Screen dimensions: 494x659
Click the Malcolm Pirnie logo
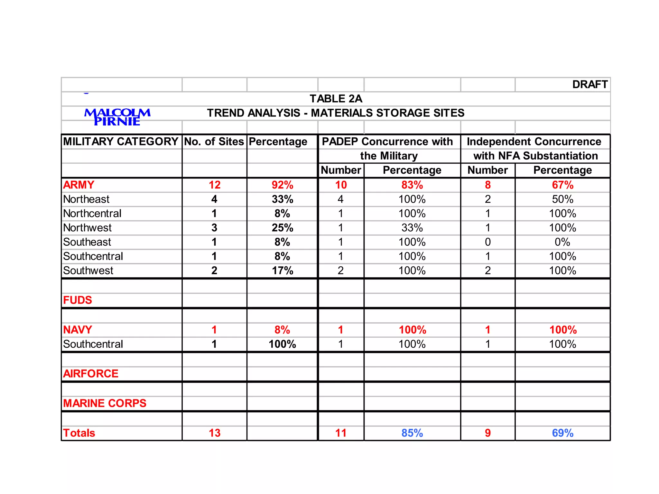(117, 117)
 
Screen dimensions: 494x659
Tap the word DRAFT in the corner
(590, 85)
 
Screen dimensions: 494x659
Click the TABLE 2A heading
(336, 99)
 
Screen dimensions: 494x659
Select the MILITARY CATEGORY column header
(121, 142)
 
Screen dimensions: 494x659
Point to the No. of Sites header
(214, 142)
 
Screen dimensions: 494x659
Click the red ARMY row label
(79, 185)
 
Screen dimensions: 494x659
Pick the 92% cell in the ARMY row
(282, 185)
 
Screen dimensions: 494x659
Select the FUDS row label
(78, 300)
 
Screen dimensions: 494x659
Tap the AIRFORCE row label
(91, 374)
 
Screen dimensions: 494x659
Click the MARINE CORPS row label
(105, 403)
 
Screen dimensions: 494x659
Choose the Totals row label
(79, 433)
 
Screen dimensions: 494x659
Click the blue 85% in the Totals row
(412, 433)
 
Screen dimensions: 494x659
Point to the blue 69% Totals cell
(562, 433)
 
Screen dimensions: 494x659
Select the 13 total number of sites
(215, 433)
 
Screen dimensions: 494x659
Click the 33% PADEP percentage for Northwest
(412, 228)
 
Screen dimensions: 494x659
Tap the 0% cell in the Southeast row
(562, 242)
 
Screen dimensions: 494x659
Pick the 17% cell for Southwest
(282, 270)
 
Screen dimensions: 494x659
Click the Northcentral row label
(92, 214)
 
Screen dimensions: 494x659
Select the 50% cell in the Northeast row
(562, 199)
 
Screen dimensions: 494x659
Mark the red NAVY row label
(78, 330)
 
